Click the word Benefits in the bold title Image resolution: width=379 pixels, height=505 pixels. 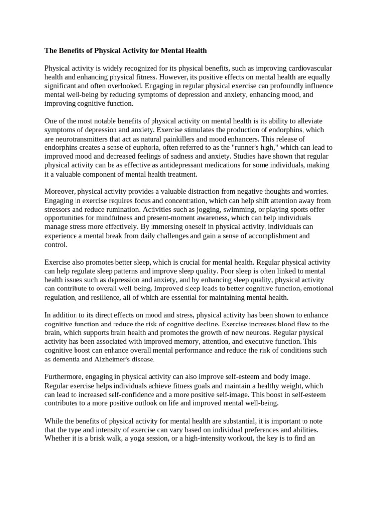(75, 51)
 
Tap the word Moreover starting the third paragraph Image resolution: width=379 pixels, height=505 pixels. (60, 192)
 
